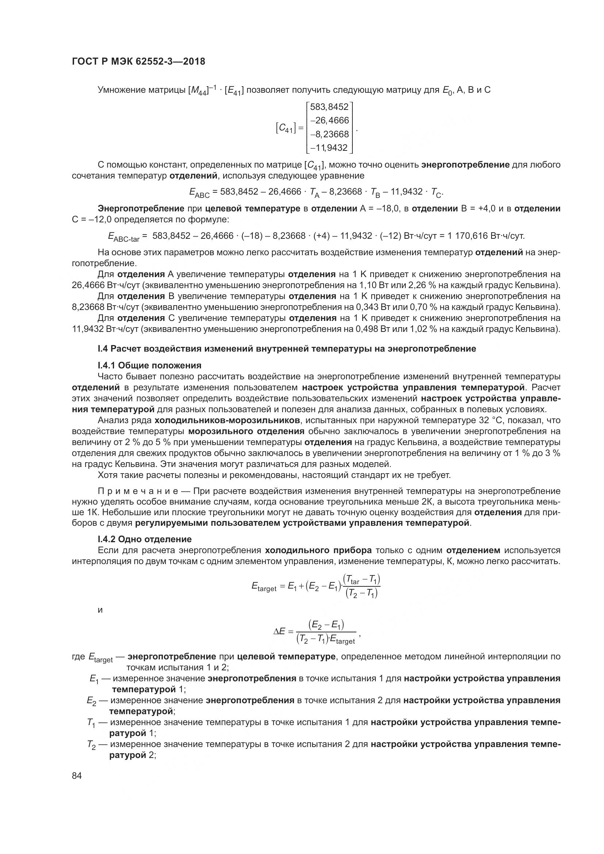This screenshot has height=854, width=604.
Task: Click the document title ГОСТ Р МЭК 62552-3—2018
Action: [x=138, y=62]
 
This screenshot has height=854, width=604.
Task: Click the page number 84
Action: [x=77, y=776]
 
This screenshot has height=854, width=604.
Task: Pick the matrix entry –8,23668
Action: [x=329, y=134]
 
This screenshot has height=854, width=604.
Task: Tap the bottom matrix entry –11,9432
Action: [x=329, y=148]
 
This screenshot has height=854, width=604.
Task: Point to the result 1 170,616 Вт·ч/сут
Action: [x=486, y=236]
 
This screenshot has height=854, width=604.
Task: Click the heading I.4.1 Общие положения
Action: [x=149, y=365]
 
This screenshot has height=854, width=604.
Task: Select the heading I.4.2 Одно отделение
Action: [x=145, y=539]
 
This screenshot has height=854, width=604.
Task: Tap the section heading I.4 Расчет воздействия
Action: [x=287, y=349]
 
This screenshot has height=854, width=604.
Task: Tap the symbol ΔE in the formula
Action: [x=279, y=631]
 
